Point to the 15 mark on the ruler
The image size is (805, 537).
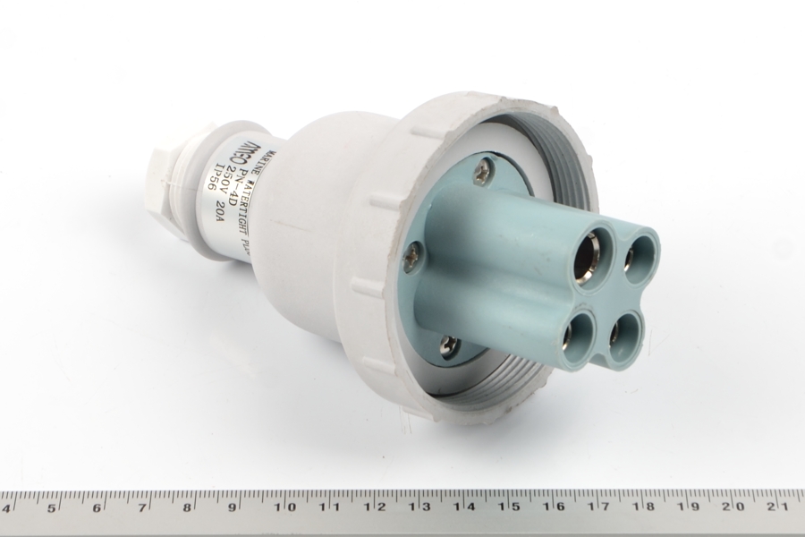[510, 507]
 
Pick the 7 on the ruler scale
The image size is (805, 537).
[143, 507]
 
